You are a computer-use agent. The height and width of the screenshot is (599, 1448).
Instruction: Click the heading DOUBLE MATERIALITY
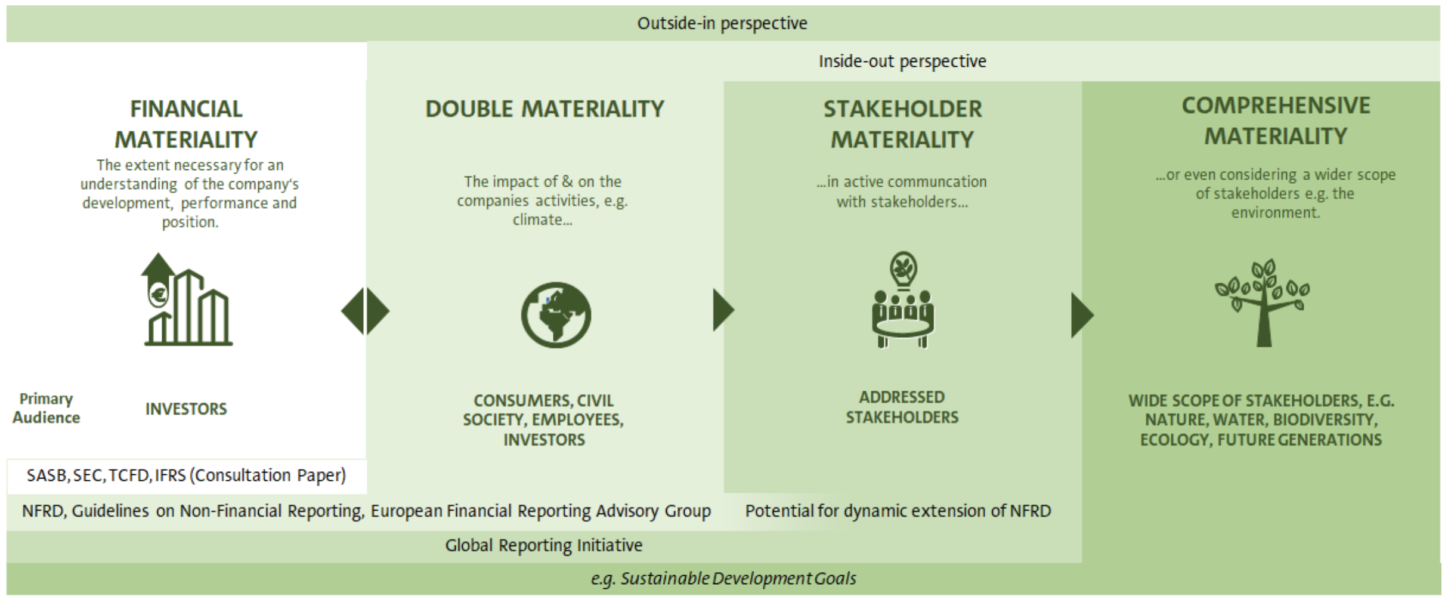click(x=544, y=109)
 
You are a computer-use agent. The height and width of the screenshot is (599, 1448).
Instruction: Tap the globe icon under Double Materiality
click(x=556, y=314)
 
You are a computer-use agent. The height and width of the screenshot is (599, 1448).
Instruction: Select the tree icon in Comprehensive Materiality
click(x=1263, y=302)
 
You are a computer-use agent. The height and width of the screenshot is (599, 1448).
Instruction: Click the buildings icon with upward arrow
click(x=187, y=299)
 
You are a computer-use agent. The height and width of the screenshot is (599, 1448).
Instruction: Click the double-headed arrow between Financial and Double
click(x=365, y=311)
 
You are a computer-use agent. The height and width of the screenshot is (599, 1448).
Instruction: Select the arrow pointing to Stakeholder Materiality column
click(x=723, y=310)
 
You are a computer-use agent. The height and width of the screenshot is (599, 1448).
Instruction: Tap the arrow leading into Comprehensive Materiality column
click(x=1082, y=315)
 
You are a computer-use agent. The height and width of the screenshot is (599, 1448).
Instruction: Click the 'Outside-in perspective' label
click(x=722, y=23)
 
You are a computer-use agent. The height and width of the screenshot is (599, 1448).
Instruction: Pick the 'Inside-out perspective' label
click(x=902, y=61)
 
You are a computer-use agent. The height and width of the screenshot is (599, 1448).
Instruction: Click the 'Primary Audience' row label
click(x=46, y=408)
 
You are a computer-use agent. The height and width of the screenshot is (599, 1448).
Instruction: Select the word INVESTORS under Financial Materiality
click(x=186, y=409)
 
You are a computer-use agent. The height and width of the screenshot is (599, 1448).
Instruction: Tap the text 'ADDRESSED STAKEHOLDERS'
click(x=902, y=407)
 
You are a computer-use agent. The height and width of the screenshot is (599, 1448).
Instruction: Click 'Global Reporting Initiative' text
click(x=544, y=545)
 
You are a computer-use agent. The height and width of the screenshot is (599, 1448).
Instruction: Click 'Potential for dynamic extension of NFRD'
click(x=898, y=511)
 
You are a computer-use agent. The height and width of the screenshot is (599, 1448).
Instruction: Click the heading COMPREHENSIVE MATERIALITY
click(x=1276, y=121)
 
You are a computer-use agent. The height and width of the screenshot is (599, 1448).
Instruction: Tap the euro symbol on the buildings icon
click(x=159, y=294)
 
